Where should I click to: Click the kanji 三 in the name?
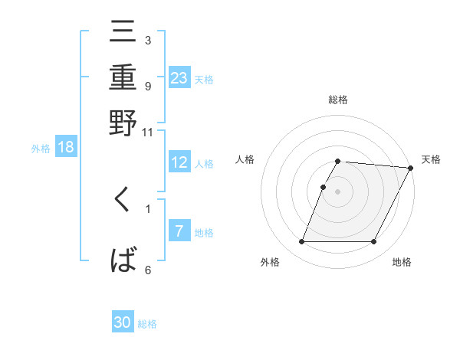click(123, 34)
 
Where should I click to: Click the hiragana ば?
click(123, 260)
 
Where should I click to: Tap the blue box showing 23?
click(179, 77)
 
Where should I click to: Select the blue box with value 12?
click(179, 162)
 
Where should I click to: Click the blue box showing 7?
click(179, 231)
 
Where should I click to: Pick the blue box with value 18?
click(66, 147)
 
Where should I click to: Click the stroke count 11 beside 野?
click(148, 132)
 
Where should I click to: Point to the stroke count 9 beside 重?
click(148, 86)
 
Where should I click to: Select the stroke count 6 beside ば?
click(148, 270)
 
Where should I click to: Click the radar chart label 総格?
click(338, 100)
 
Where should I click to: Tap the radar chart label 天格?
click(431, 159)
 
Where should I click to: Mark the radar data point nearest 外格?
click(301, 242)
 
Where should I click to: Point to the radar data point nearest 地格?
click(374, 242)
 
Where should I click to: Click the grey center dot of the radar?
click(338, 191)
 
